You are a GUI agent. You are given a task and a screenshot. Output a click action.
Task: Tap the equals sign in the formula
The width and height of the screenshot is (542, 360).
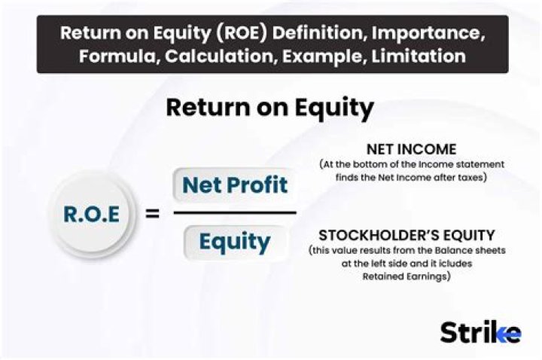click(151, 214)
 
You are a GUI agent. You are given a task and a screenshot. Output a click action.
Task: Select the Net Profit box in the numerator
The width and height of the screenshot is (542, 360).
click(234, 185)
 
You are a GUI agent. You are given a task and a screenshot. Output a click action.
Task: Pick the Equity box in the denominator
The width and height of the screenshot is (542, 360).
click(234, 241)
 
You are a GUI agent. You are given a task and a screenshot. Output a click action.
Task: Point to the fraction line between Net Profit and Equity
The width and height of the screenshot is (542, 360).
click(234, 212)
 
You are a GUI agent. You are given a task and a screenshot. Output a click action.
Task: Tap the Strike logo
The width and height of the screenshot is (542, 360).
click(480, 331)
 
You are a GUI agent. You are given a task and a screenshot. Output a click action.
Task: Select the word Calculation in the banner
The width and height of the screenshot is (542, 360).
click(206, 56)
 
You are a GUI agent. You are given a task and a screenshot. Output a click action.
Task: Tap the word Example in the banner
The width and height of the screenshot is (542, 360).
click(320, 56)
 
